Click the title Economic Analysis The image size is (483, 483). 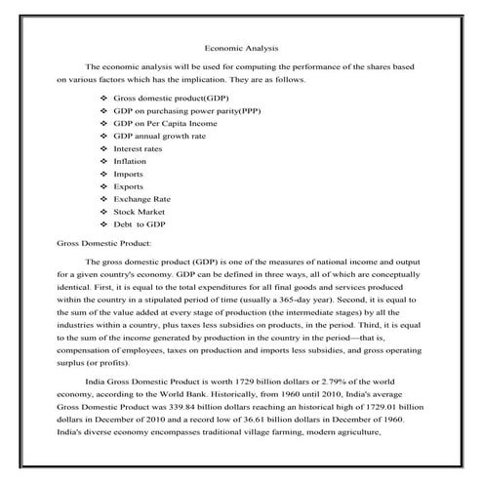point(242,46)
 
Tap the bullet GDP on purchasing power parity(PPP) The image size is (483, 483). point(186,112)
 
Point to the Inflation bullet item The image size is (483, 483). point(130,161)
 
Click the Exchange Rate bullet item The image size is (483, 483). point(141,198)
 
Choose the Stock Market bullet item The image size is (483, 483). point(139,210)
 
